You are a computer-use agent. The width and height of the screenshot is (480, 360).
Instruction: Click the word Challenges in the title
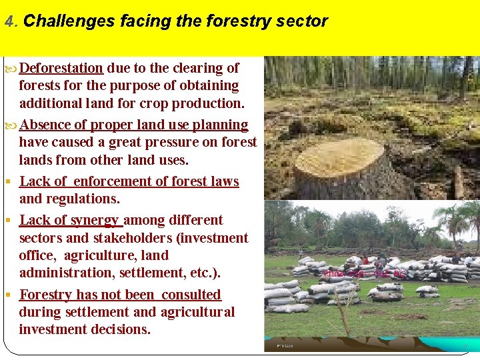pyautogui.click(x=69, y=21)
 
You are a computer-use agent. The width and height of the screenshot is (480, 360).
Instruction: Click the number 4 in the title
pyautogui.click(x=9, y=21)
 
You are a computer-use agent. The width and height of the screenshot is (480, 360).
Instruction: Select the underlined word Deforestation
pyautogui.click(x=61, y=68)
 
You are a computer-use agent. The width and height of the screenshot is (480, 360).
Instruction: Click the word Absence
pyautogui.click(x=45, y=125)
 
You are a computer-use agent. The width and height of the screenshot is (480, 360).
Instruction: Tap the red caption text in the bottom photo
pyautogui.click(x=364, y=273)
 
